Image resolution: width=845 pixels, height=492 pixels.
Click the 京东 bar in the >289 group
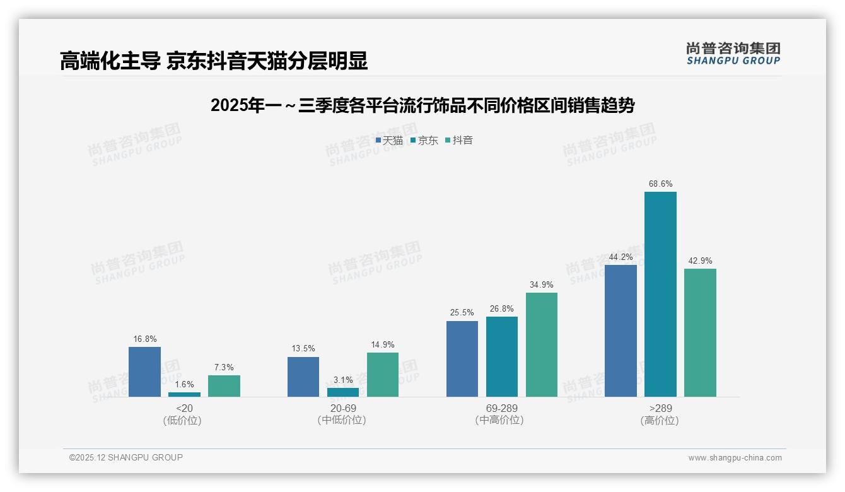tap(660, 294)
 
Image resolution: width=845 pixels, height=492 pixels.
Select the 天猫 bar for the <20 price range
tap(144, 372)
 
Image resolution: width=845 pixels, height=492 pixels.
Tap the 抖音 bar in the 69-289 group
tap(541, 344)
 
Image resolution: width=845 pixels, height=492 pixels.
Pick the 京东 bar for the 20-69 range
tap(343, 392)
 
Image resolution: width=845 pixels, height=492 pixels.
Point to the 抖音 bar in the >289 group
tap(700, 332)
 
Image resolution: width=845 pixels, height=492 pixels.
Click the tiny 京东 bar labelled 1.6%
tap(184, 394)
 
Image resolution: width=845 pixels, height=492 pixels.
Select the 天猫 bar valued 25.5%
tap(462, 359)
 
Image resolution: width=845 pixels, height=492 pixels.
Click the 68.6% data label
tap(660, 184)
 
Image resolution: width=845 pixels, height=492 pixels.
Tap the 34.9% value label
tap(541, 285)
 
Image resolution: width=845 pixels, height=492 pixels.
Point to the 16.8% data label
tap(144, 339)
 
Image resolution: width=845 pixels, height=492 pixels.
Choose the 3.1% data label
tap(343, 380)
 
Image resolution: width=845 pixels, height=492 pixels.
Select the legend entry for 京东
tap(424, 141)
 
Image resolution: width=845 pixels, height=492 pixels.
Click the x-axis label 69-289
tap(501, 409)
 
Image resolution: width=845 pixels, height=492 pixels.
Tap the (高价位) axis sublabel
tap(660, 421)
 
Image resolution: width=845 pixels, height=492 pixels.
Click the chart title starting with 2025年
tap(422, 106)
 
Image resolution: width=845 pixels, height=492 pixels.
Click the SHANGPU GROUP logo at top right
tap(733, 54)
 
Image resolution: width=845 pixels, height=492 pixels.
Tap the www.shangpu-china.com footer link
tap(735, 458)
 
